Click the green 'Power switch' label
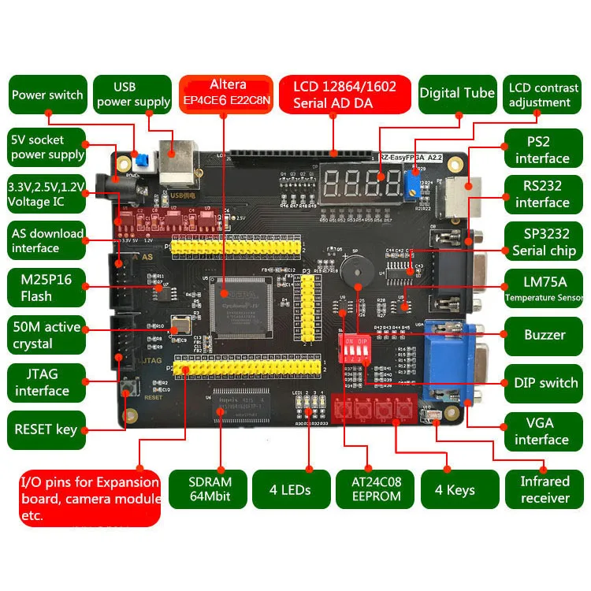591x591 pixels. (46, 95)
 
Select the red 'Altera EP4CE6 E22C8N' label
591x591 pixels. (227, 93)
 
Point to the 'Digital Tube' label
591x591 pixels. (457, 93)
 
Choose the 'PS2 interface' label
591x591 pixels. (542, 151)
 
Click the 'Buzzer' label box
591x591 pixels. (545, 335)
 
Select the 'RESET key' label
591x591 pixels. (46, 429)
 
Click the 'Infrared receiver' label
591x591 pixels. (545, 489)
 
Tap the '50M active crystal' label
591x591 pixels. (46, 336)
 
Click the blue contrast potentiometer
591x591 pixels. (411, 187)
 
